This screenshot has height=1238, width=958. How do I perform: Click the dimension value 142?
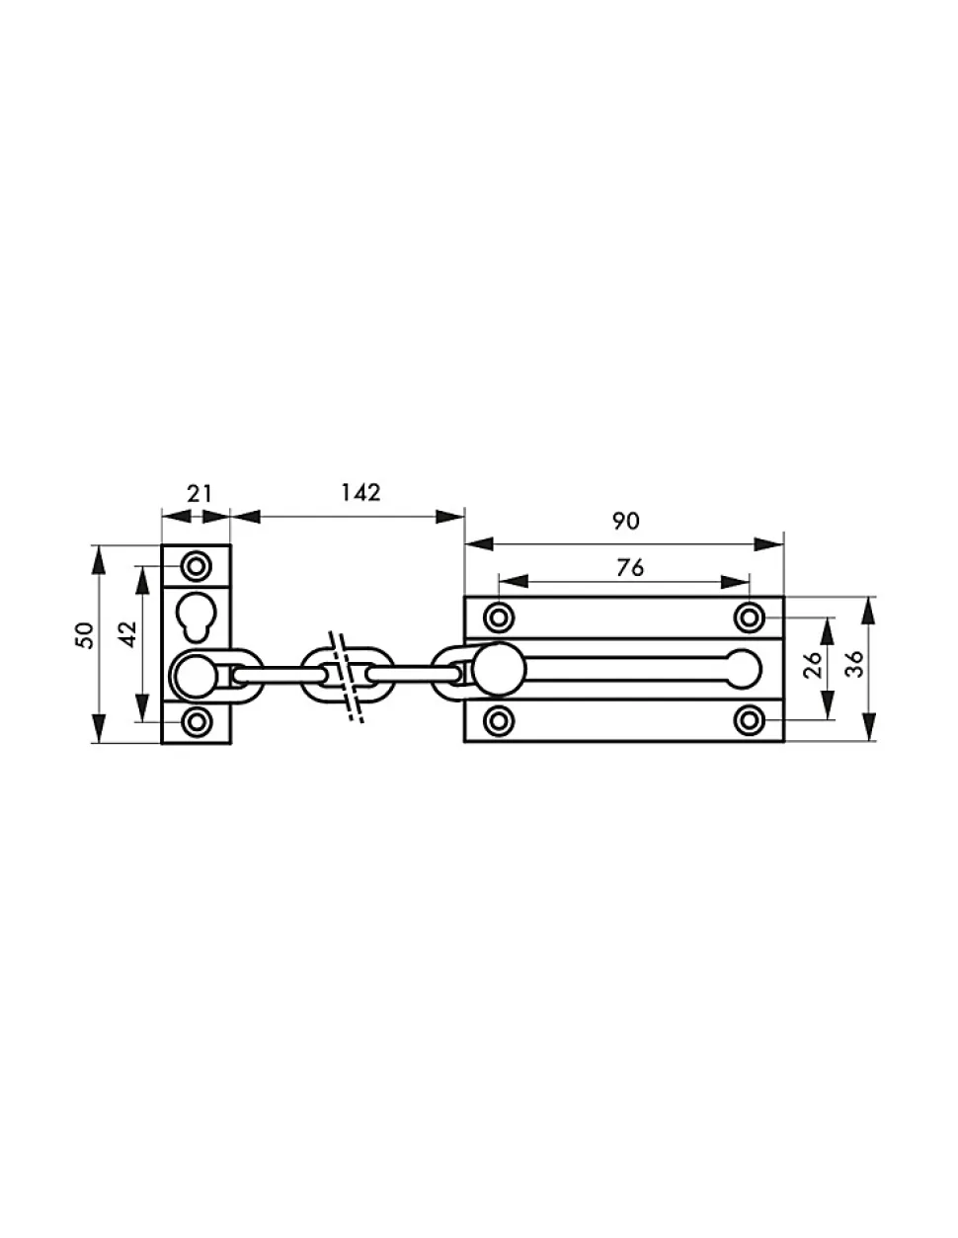coord(360,492)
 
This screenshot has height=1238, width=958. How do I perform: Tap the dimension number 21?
coord(200,493)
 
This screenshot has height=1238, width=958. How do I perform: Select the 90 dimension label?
coord(625,521)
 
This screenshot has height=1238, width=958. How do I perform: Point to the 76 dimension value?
coord(630,567)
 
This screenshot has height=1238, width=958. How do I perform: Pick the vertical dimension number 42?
coord(128,633)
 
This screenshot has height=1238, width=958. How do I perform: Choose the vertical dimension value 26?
coord(812,664)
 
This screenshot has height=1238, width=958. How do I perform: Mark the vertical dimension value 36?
coord(854,664)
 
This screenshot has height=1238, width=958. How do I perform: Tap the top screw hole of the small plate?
coord(197,567)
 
